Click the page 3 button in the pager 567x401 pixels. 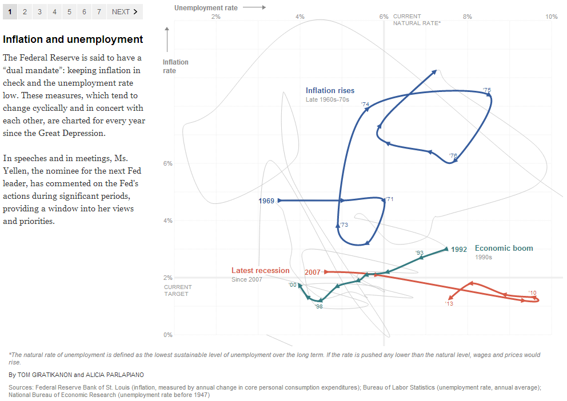tap(39, 11)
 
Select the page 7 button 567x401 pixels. tap(99, 11)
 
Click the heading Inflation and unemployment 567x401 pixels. tap(73, 39)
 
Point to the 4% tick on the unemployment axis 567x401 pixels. tap(300, 17)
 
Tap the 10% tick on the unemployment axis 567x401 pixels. tap(551, 17)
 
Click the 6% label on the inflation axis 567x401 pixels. tap(168, 163)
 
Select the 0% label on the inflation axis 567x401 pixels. tap(168, 335)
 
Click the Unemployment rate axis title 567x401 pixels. tap(206, 8)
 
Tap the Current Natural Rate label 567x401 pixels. tap(417, 20)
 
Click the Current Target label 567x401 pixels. tap(178, 290)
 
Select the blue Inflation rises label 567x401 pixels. tap(330, 90)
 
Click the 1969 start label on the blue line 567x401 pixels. tap(266, 201)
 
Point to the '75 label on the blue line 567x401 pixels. tap(487, 90)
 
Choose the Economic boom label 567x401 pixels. tap(504, 248)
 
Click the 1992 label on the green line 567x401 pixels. tap(459, 249)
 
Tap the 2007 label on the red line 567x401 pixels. tap(312, 272)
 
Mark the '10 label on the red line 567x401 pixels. tap(533, 292)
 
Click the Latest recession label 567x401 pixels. tap(260, 270)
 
